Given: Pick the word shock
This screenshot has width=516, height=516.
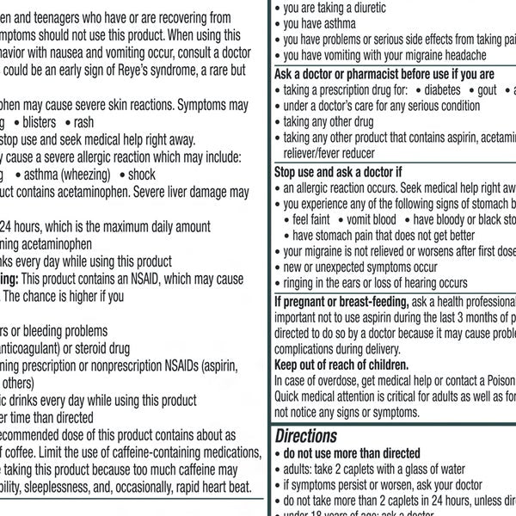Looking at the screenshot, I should click(x=142, y=175).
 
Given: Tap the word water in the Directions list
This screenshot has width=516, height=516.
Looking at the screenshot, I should click(x=447, y=470).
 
